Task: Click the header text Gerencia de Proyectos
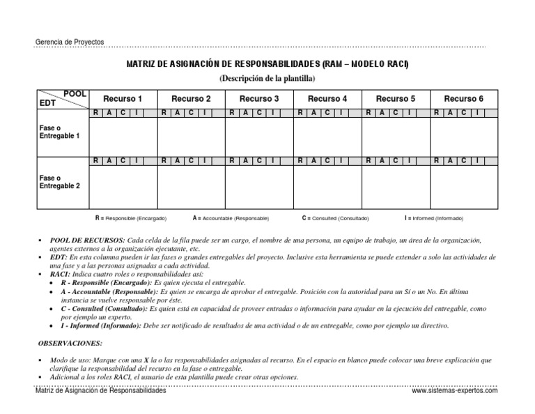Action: (69, 42)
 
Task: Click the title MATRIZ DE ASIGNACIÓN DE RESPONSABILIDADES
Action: (267, 65)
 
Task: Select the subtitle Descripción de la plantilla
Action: (267, 78)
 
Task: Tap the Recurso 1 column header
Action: (123, 99)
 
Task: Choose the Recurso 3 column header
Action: (259, 99)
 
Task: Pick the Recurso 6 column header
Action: (464, 99)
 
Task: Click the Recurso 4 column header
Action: (327, 99)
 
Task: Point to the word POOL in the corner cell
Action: (75, 93)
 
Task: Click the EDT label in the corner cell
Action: (46, 103)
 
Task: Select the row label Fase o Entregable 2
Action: (59, 182)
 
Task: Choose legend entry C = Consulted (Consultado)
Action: (335, 218)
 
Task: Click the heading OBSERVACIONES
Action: (69, 343)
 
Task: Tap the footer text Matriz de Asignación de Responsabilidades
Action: (101, 391)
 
